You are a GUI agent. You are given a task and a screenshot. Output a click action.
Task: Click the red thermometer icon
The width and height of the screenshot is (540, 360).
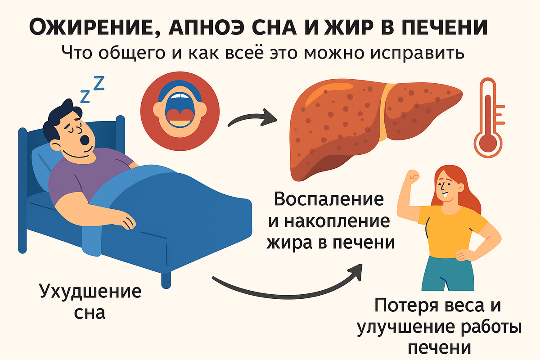487,118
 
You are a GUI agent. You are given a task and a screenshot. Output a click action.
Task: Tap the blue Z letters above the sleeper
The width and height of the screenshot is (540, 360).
92,88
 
